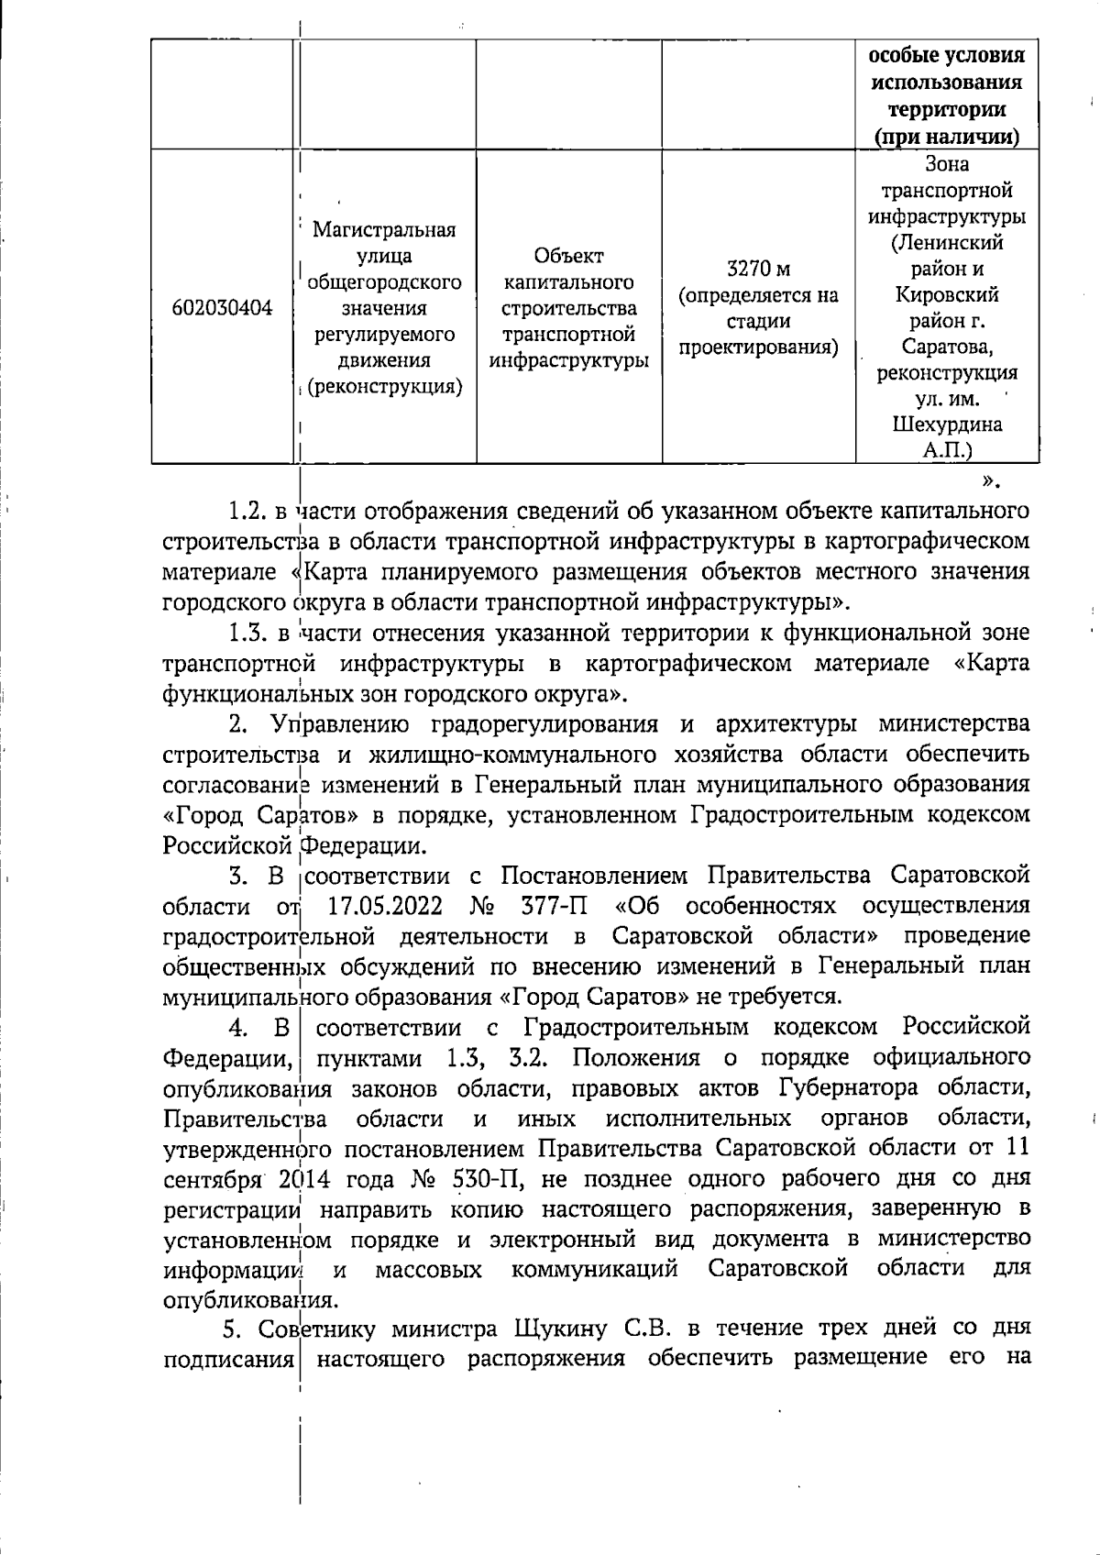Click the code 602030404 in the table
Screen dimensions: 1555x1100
point(222,309)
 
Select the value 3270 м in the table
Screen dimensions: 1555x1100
point(758,270)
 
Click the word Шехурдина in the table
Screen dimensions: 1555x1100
point(947,425)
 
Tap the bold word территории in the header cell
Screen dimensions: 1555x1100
point(947,109)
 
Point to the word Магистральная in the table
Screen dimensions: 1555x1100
point(384,229)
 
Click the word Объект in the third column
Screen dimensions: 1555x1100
point(569,255)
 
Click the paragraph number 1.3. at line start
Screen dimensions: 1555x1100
point(247,633)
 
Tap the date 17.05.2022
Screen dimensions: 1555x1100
point(385,906)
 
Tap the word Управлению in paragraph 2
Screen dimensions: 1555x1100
point(339,723)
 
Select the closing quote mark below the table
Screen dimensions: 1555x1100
point(989,480)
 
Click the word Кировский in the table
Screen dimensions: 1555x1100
point(947,295)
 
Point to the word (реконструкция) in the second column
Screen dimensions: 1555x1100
point(384,387)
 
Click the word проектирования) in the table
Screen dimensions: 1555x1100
point(758,347)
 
